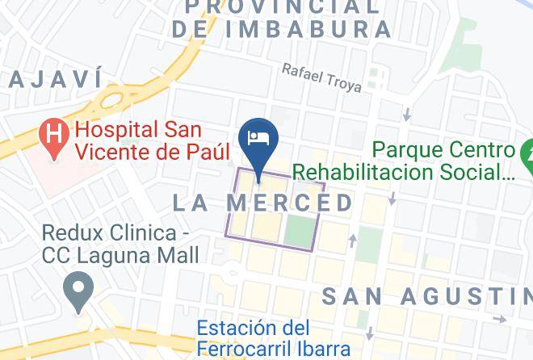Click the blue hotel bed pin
[259, 138]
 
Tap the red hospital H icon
[53, 132]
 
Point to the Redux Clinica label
[120, 244]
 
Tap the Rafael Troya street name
[321, 77]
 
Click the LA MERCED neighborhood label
[263, 203]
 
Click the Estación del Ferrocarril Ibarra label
[274, 338]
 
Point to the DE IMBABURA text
[282, 30]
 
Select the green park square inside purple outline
[298, 231]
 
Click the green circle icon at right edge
[527, 151]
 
